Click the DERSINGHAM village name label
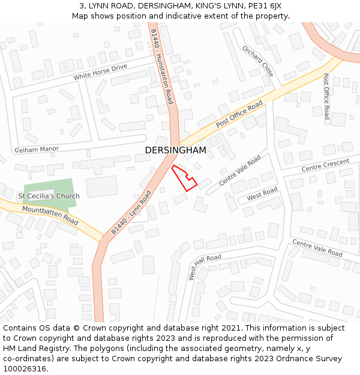click(175, 150)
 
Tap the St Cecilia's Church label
click(49, 196)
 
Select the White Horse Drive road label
click(100, 73)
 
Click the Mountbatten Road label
click(50, 215)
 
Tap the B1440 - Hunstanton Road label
click(162, 66)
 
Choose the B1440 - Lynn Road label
click(131, 212)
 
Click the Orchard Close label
click(258, 61)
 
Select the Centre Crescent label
click(325, 165)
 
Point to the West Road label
click(262, 194)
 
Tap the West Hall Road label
click(204, 266)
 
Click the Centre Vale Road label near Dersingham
click(239, 170)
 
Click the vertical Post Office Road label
click(326, 96)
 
